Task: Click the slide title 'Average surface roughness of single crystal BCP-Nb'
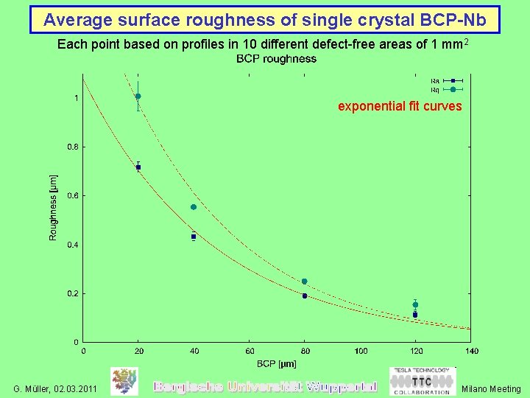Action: [264, 19]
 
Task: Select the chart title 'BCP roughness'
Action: [276, 59]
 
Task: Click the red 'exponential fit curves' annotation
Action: [400, 106]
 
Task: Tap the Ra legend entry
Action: [446, 80]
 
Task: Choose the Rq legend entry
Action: [446, 89]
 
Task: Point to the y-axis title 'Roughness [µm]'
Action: [53, 207]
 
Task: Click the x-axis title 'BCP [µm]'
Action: [276, 363]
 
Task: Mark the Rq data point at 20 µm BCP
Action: [138, 97]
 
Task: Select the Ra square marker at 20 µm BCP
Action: [138, 167]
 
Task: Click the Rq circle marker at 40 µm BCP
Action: [194, 207]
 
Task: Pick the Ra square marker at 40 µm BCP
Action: [194, 237]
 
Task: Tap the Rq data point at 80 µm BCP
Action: [304, 282]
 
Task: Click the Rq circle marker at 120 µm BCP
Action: [415, 304]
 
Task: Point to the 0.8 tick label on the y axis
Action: [72, 147]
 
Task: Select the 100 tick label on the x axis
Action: [360, 351]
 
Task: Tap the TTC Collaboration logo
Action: [421, 381]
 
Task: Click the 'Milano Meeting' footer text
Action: [491, 388]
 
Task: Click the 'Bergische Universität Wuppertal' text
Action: [264, 386]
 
